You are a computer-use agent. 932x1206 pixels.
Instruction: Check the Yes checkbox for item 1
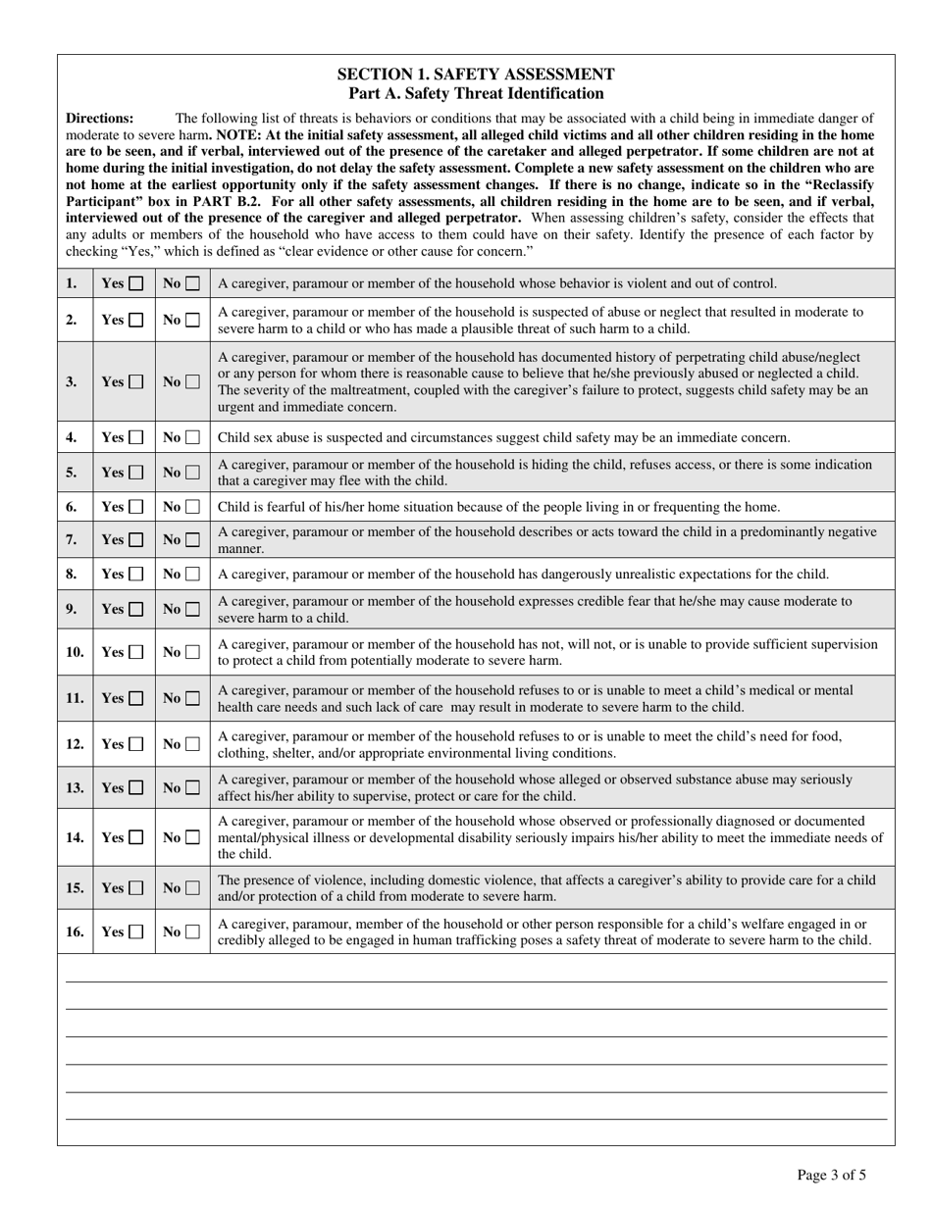(x=135, y=283)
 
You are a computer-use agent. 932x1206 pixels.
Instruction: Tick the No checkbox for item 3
(x=192, y=382)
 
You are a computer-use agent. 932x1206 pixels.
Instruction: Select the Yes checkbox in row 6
(x=135, y=507)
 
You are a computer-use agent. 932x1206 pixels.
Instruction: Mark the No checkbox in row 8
(x=192, y=575)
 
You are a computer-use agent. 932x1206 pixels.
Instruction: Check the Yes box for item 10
(x=135, y=652)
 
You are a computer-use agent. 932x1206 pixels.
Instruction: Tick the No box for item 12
(x=192, y=744)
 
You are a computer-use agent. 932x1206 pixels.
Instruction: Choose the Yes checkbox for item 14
(x=135, y=838)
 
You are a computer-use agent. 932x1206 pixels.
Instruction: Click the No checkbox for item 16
(x=192, y=932)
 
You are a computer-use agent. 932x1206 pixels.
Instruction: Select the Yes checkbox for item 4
(x=135, y=437)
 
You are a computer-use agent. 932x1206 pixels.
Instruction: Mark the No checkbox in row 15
(x=192, y=888)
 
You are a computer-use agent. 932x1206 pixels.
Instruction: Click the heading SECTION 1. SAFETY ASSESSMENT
(x=476, y=75)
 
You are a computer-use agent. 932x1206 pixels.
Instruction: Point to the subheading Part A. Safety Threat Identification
(x=476, y=93)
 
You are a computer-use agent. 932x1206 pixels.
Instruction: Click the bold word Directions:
(x=100, y=118)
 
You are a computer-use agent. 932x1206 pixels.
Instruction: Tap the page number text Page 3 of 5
(x=832, y=1175)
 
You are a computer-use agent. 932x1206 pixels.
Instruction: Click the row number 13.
(x=75, y=787)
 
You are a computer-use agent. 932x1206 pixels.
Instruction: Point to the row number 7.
(x=72, y=539)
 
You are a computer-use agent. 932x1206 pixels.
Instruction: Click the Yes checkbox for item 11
(x=135, y=699)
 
